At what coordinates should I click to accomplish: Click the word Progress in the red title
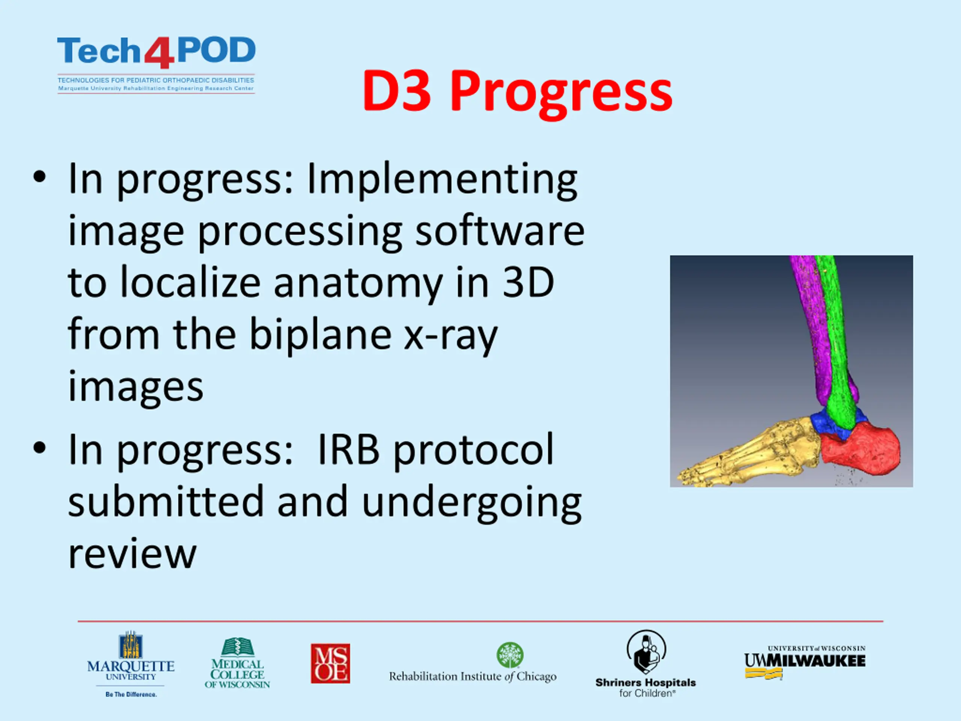[561, 93]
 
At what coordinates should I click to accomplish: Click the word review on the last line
[133, 554]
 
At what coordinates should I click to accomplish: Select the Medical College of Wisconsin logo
[237, 663]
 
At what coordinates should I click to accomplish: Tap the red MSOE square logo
[330, 663]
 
